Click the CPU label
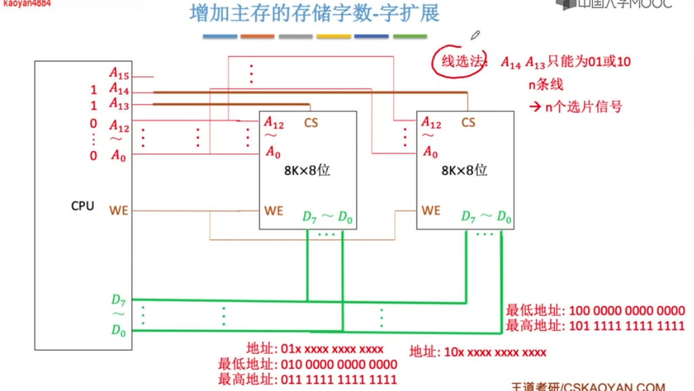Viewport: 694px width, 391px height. pos(82,206)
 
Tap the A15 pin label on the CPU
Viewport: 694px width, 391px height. pos(119,74)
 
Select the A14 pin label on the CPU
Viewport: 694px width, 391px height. pos(119,90)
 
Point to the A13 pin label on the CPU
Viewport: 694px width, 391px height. pos(119,105)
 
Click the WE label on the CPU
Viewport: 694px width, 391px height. pos(119,211)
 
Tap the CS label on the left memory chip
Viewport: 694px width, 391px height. pos(311,123)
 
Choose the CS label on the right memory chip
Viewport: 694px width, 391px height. pos(468,123)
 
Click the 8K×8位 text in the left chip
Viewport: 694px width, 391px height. pos(307,171)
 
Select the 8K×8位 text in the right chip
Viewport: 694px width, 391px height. pos(464,171)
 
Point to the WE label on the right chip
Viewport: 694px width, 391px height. pos(430,211)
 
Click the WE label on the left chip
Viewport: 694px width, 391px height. pos(274,211)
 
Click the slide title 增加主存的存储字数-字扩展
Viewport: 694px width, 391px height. pos(315,14)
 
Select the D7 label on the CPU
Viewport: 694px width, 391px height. pos(119,300)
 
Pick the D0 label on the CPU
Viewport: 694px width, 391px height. pos(119,330)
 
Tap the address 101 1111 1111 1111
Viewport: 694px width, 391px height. pos(627,326)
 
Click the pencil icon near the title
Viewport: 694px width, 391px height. pos(475,34)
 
